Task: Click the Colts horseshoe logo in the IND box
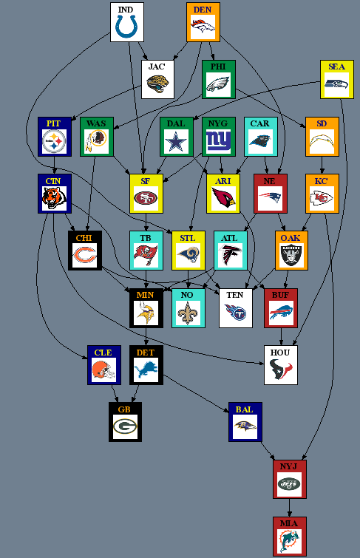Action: [126, 27]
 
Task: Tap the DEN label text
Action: [203, 10]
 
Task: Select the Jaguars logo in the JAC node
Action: [157, 84]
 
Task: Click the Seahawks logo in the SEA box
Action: [336, 84]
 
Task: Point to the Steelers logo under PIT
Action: [54, 141]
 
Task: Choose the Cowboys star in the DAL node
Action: [176, 141]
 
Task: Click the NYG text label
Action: [218, 123]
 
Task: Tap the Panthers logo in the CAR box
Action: [260, 140]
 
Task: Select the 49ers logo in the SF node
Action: [146, 198]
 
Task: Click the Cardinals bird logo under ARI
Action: [223, 197]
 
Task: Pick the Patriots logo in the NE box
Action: [270, 197]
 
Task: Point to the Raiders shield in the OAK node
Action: [291, 254]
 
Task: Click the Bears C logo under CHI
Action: [84, 255]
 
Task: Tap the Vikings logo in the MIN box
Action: [146, 312]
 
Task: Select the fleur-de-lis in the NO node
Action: [187, 312]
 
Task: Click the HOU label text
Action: [280, 353]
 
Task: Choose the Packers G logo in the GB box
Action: [125, 426]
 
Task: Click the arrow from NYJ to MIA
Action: [289, 508]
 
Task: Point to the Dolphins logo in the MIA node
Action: [289, 540]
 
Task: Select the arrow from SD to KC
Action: [322, 165]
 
